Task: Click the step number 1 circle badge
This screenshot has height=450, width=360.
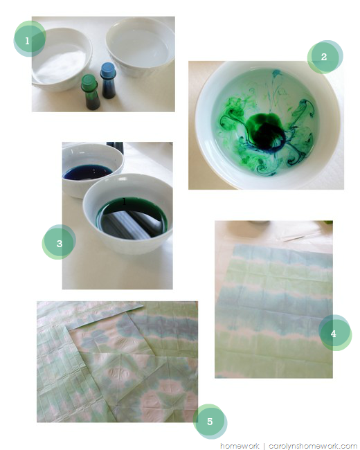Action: click(30, 39)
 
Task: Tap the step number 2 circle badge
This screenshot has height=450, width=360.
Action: click(325, 57)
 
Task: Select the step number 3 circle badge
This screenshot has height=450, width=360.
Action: click(59, 242)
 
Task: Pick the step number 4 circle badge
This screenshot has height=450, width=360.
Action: click(335, 332)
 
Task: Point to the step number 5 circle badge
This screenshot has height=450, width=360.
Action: click(210, 421)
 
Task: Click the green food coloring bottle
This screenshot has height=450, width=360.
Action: click(91, 92)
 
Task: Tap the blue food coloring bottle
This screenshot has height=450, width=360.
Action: click(108, 80)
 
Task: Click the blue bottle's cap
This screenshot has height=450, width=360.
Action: click(108, 70)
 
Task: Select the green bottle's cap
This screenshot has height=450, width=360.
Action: click(89, 82)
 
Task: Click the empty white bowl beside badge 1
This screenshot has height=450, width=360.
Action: click(62, 60)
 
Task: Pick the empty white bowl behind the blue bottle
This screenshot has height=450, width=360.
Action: click(141, 46)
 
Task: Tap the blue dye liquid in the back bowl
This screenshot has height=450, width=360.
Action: click(87, 172)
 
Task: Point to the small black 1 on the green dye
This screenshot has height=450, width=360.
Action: click(124, 201)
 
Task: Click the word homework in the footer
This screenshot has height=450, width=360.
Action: click(240, 446)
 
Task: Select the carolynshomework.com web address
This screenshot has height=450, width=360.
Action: click(313, 446)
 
